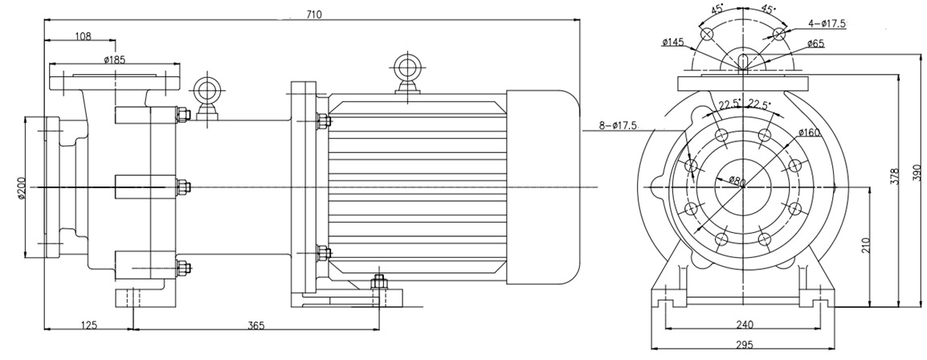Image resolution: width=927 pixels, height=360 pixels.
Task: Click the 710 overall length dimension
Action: click(313, 14)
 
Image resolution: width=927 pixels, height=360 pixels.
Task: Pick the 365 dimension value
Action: click(255, 325)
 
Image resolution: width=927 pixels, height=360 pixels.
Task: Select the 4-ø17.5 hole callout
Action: click(827, 23)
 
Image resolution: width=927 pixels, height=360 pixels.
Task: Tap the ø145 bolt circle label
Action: click(673, 42)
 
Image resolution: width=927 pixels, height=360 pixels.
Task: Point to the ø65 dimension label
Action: click(816, 43)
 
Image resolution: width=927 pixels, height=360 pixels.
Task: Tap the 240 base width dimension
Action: click(744, 325)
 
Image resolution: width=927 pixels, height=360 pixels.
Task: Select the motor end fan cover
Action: click(542, 186)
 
